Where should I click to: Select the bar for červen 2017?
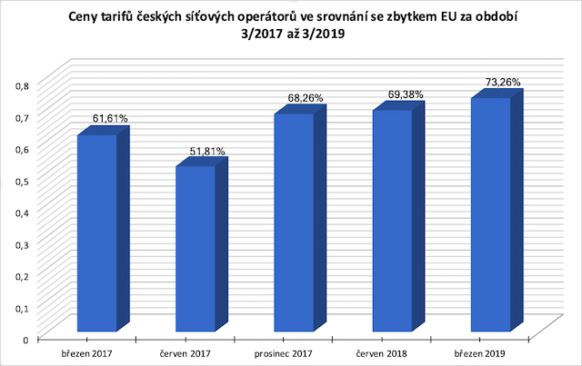click(196, 249)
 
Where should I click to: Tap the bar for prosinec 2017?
click(295, 223)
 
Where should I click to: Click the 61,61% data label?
click(108, 118)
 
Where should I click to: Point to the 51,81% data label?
click(207, 151)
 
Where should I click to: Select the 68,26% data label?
click(306, 97)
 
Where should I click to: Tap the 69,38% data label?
click(406, 94)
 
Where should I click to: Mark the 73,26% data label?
click(503, 81)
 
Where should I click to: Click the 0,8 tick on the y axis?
click(23, 84)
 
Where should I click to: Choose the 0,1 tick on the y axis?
click(23, 307)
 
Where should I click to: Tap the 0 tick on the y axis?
click(26, 339)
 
